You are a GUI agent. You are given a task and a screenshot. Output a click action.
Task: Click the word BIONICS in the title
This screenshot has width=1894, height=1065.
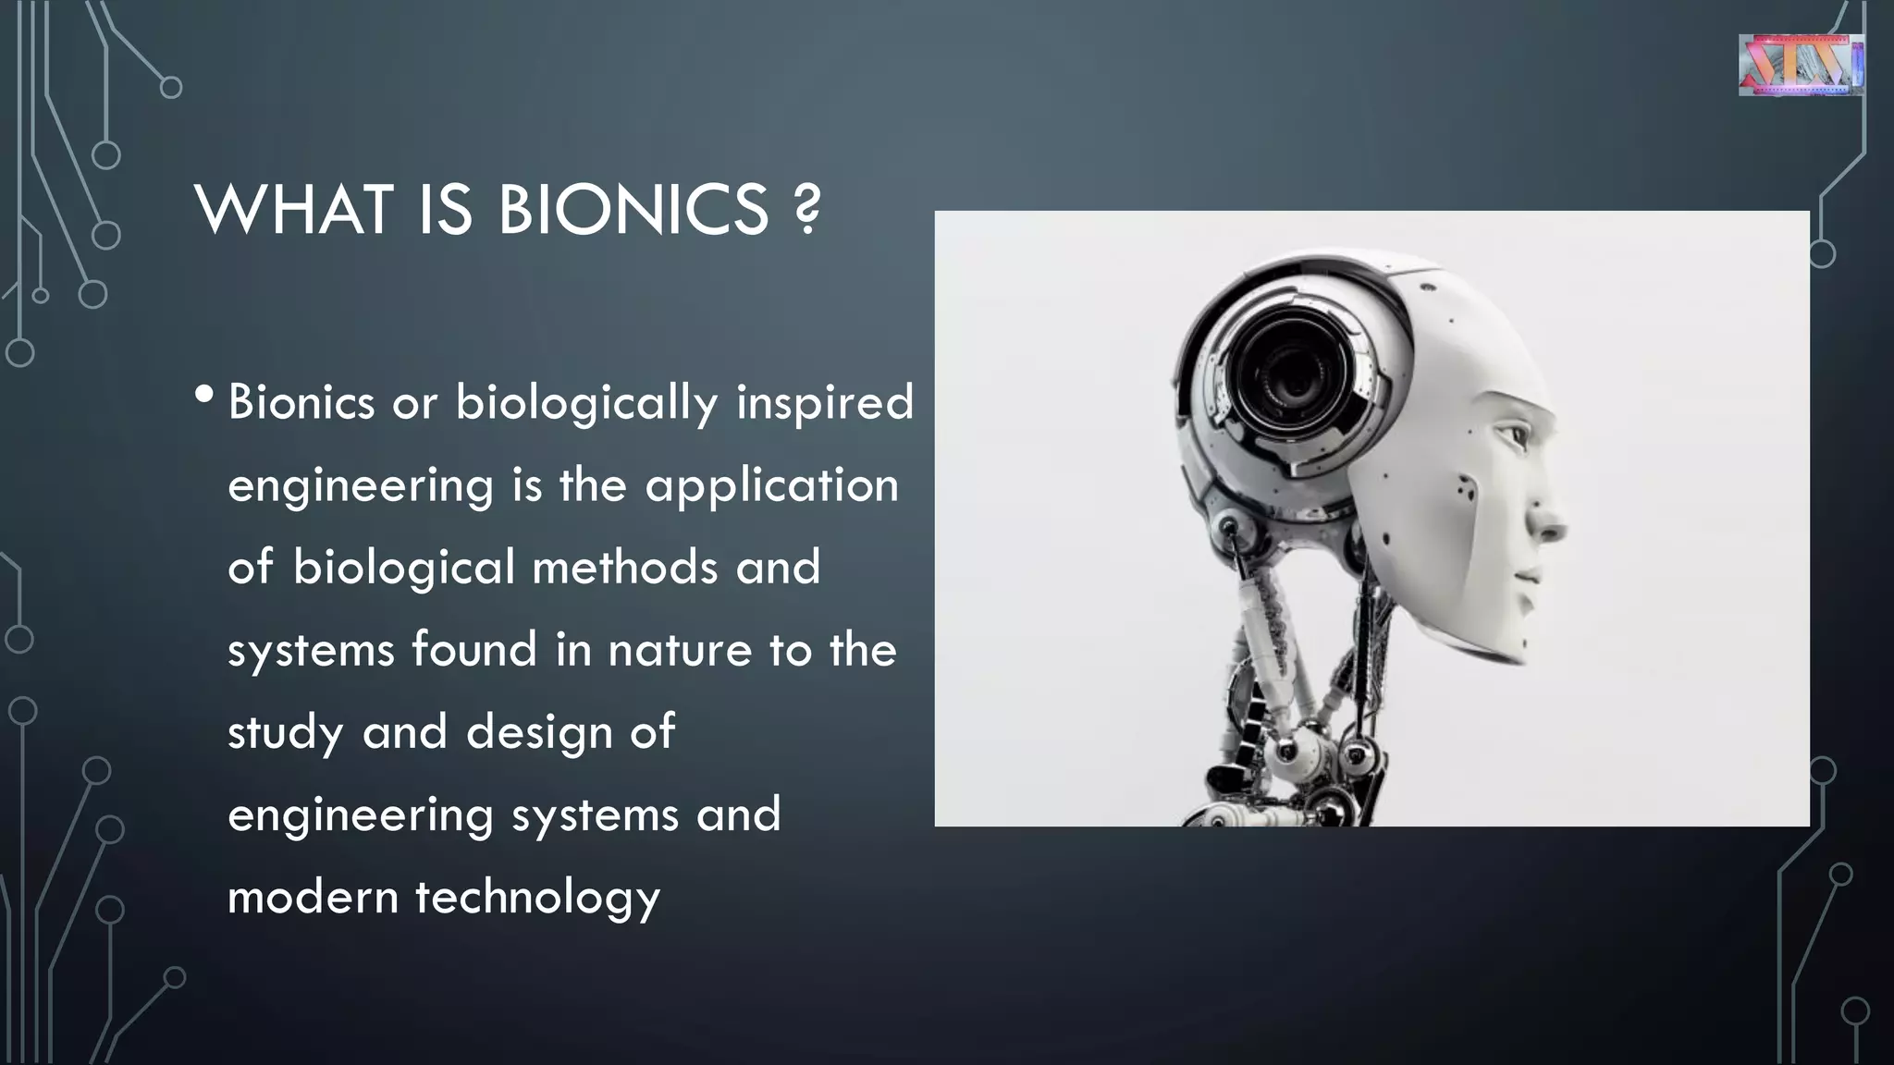pos(633,210)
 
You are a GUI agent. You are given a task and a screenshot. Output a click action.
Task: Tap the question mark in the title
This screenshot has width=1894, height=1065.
pos(807,210)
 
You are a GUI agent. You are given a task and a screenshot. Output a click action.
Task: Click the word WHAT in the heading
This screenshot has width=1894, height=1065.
pos(293,210)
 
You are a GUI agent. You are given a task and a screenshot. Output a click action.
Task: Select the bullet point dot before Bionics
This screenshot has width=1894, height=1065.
pos(204,396)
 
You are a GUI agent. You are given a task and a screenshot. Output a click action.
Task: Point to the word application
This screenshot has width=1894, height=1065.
pos(771,486)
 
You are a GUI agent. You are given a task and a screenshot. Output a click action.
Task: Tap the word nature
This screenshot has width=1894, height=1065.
pos(680,649)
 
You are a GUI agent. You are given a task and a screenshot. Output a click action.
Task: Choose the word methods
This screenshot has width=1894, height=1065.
pos(625,567)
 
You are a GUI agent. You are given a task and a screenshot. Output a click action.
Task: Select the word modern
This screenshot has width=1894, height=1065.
pos(313,897)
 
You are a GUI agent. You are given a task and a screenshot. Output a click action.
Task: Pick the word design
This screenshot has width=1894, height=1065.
pos(538,733)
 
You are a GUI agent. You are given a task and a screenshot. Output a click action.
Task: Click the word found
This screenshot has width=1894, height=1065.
pos(474,649)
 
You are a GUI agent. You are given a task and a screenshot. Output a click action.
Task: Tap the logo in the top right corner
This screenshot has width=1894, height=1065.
pos(1801,65)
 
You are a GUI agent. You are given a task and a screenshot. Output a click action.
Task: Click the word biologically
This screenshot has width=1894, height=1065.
pos(586,404)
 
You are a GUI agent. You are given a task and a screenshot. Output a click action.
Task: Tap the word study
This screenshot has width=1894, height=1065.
pos(286,733)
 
